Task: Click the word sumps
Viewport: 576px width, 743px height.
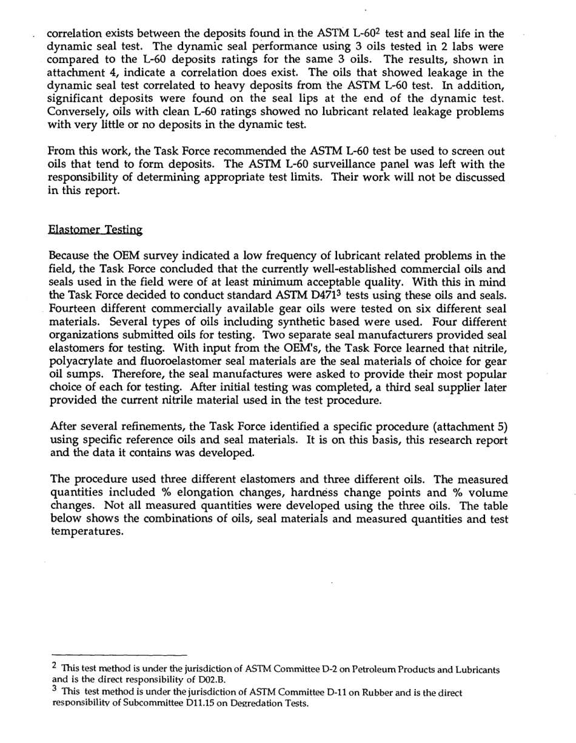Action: point(78,375)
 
